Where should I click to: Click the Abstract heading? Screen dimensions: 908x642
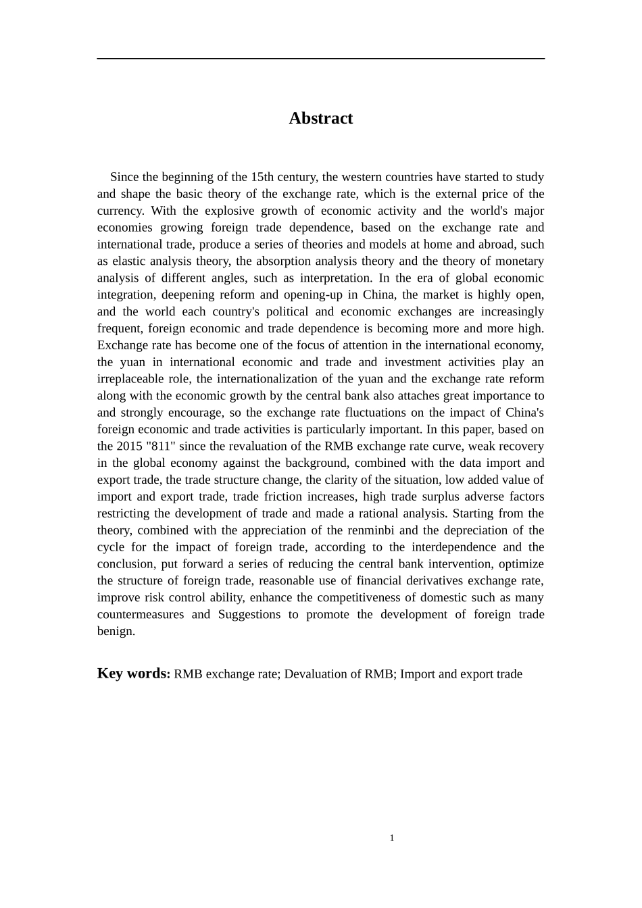point(320,118)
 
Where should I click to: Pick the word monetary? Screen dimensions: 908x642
point(520,261)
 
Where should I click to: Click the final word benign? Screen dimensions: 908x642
point(116,632)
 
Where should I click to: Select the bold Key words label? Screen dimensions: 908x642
point(133,674)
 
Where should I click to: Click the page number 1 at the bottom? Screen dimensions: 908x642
point(392,838)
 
